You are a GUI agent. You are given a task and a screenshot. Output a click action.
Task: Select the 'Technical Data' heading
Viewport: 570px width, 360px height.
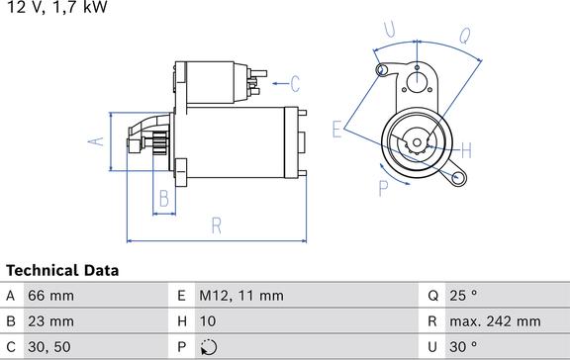(62, 270)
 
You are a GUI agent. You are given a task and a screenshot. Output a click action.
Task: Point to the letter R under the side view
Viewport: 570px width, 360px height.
(217, 225)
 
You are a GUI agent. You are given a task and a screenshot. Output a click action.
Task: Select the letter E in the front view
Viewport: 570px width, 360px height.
(338, 128)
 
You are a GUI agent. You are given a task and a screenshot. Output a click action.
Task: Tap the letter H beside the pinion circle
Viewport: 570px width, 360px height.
(465, 149)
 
